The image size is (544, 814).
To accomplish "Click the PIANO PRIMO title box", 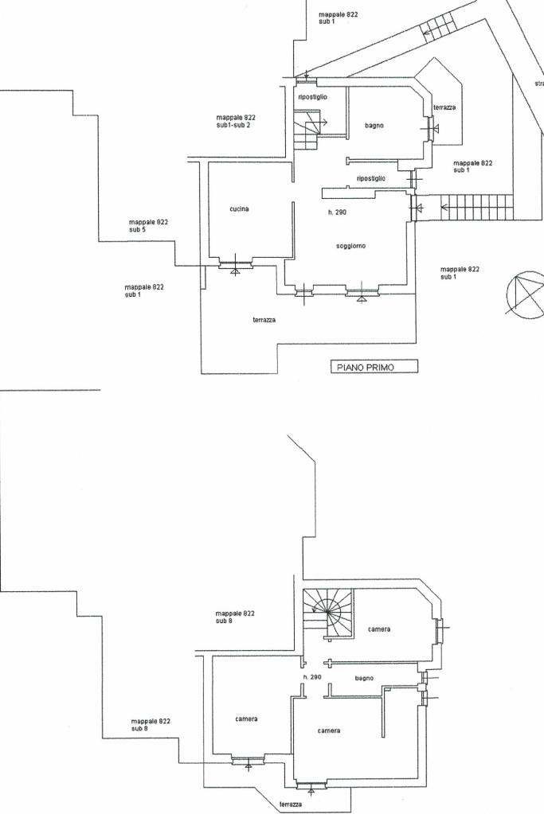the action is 374,367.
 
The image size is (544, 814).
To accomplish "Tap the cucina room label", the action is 239,209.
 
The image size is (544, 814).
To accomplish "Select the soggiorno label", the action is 350,246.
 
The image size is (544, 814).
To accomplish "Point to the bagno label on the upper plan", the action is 374,126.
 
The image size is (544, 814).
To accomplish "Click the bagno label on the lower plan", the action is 364,678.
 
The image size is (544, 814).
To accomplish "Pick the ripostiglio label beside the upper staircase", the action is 312,97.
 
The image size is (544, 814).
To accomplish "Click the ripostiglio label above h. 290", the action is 371,178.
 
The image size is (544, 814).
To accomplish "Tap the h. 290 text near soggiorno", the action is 337,212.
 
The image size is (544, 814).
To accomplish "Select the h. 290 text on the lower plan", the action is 312,677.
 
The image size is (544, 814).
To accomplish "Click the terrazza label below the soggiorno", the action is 264,320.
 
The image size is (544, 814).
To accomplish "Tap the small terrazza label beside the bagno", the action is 444,107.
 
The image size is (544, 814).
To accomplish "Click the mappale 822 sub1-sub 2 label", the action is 235,121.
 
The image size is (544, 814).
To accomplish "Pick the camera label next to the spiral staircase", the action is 379,629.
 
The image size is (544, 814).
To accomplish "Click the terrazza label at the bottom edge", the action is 290,804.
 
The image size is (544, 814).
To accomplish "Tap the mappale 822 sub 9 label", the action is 235,617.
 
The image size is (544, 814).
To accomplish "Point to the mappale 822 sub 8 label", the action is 151,724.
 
